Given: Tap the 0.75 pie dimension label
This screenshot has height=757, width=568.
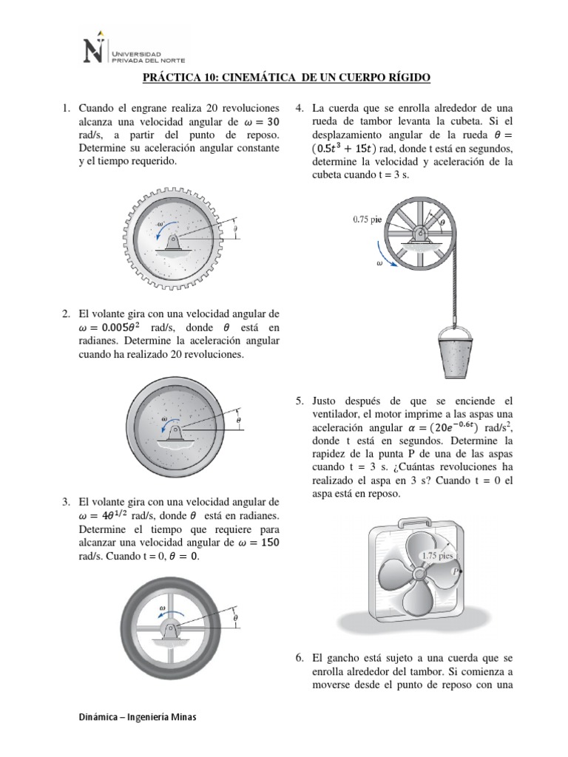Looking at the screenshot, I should click(368, 219).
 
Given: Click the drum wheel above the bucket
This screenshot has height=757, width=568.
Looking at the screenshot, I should click(420, 235).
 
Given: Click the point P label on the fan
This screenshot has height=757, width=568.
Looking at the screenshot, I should click(459, 571).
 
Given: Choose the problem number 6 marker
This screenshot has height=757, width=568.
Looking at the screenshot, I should click(300, 656).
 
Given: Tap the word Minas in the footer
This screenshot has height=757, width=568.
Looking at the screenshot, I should click(183, 718).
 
